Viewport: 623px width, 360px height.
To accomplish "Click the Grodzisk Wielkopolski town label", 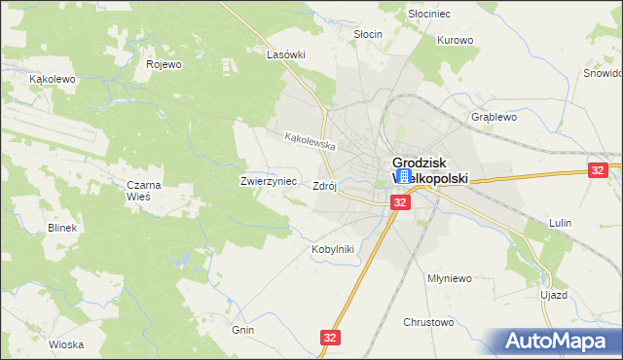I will pyautogui.click(x=429, y=171).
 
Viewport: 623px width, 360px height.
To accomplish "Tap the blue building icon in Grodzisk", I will pyautogui.click(x=404, y=176).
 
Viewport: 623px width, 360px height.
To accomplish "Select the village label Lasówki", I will pyautogui.click(x=286, y=55).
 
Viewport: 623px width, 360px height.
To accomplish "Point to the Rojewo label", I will pyautogui.click(x=165, y=65).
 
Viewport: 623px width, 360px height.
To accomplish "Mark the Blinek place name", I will pyautogui.click(x=61, y=227).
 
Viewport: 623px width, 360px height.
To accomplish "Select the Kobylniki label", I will pyautogui.click(x=332, y=249).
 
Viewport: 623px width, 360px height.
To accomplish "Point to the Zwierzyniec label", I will pyautogui.click(x=262, y=182).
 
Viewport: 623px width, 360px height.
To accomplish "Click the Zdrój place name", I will pyautogui.click(x=324, y=186).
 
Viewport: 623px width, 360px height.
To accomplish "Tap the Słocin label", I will pyautogui.click(x=367, y=34).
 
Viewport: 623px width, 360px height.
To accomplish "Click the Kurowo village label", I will pyautogui.click(x=455, y=41).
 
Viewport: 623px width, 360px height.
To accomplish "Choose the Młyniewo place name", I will pyautogui.click(x=450, y=277).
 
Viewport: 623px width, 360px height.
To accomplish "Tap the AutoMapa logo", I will pyautogui.click(x=560, y=342).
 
